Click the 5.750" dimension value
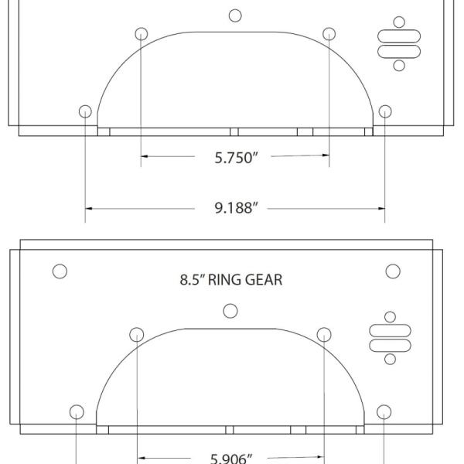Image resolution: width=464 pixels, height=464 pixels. coord(234,158)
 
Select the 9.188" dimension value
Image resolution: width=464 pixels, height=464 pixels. coord(234,208)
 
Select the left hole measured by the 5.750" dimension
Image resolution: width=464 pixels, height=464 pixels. coord(141,33)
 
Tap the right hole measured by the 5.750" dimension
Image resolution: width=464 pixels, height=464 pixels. coord(329,33)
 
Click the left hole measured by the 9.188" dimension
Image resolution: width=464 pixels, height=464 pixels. coord(85,111)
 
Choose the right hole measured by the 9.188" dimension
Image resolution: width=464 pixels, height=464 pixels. coord(385,111)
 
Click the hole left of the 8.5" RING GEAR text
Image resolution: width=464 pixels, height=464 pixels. coord(59,271)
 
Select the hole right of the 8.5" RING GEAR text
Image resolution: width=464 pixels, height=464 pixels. coord(393,271)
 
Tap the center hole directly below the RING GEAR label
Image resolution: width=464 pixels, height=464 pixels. coord(230,311)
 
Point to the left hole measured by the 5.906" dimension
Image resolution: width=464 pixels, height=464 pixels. coord(136,334)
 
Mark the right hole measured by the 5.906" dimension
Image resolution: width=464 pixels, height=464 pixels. coord(325,334)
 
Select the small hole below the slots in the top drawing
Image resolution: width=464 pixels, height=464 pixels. coord(399,66)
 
